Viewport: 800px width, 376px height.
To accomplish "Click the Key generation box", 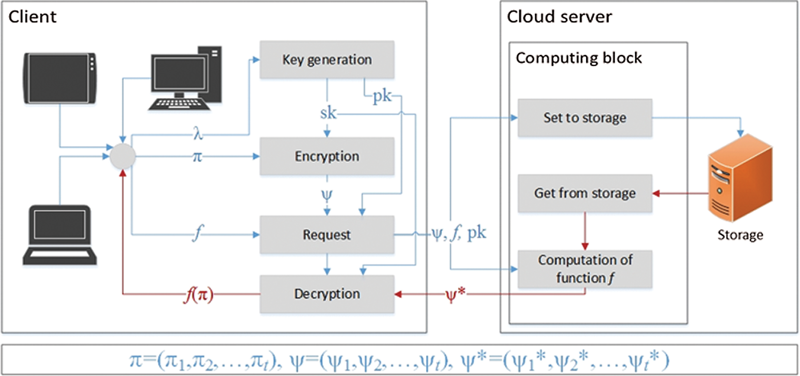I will (x=327, y=60).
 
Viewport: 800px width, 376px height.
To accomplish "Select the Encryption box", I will (x=327, y=156).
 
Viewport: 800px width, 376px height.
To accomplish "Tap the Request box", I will (x=327, y=234).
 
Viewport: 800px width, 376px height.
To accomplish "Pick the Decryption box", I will (x=327, y=294).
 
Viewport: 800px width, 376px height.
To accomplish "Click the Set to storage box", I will (x=585, y=118).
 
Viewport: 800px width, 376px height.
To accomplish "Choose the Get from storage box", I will (x=585, y=193).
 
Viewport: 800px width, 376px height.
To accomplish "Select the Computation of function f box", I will (x=585, y=269).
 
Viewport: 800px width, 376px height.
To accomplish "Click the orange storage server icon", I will (x=740, y=178).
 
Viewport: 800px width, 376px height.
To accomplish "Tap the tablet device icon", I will (x=60, y=78).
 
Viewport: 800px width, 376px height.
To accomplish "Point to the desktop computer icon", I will (x=186, y=78).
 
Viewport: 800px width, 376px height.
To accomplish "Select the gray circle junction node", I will (x=122, y=156).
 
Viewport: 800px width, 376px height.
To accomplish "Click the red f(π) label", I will (x=199, y=295).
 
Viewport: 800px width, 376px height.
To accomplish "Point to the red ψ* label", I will (x=455, y=294).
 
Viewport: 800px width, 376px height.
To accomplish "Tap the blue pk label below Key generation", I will (x=382, y=96).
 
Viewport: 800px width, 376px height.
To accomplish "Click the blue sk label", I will (x=328, y=113).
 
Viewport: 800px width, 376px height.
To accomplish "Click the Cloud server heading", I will (x=559, y=17).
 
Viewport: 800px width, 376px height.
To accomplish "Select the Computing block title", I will (x=578, y=58).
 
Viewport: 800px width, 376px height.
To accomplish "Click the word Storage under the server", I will (x=740, y=235).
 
